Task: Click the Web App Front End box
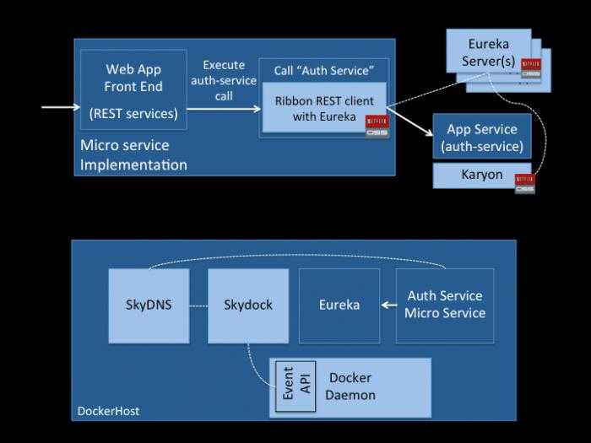click(x=133, y=89)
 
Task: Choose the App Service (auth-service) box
click(x=481, y=138)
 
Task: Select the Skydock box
click(x=247, y=305)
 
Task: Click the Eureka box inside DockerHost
click(x=339, y=305)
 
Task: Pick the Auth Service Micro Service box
click(x=445, y=305)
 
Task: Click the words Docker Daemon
click(x=352, y=386)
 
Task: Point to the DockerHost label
click(x=108, y=411)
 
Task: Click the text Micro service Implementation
click(x=133, y=154)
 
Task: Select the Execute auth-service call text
click(x=224, y=80)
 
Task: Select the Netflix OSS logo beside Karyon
click(x=524, y=182)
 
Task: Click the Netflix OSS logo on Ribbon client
click(x=377, y=126)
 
